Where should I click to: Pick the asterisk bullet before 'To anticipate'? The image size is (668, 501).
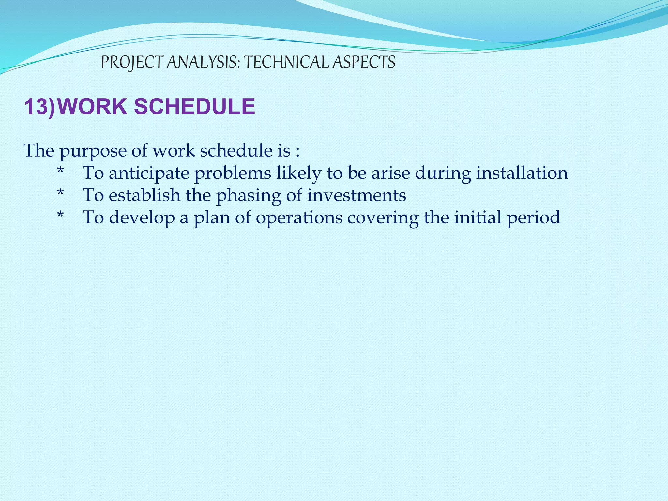pyautogui.click(x=60, y=172)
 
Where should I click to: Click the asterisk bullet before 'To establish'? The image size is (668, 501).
pyautogui.click(x=60, y=194)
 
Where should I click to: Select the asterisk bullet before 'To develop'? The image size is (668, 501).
pyautogui.click(x=60, y=216)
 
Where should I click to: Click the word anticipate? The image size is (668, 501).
pyautogui.click(x=149, y=173)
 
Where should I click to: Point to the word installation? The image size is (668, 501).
pyautogui.click(x=522, y=173)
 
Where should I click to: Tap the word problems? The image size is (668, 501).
pyautogui.click(x=233, y=173)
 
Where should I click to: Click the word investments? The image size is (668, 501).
pyautogui.click(x=357, y=195)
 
